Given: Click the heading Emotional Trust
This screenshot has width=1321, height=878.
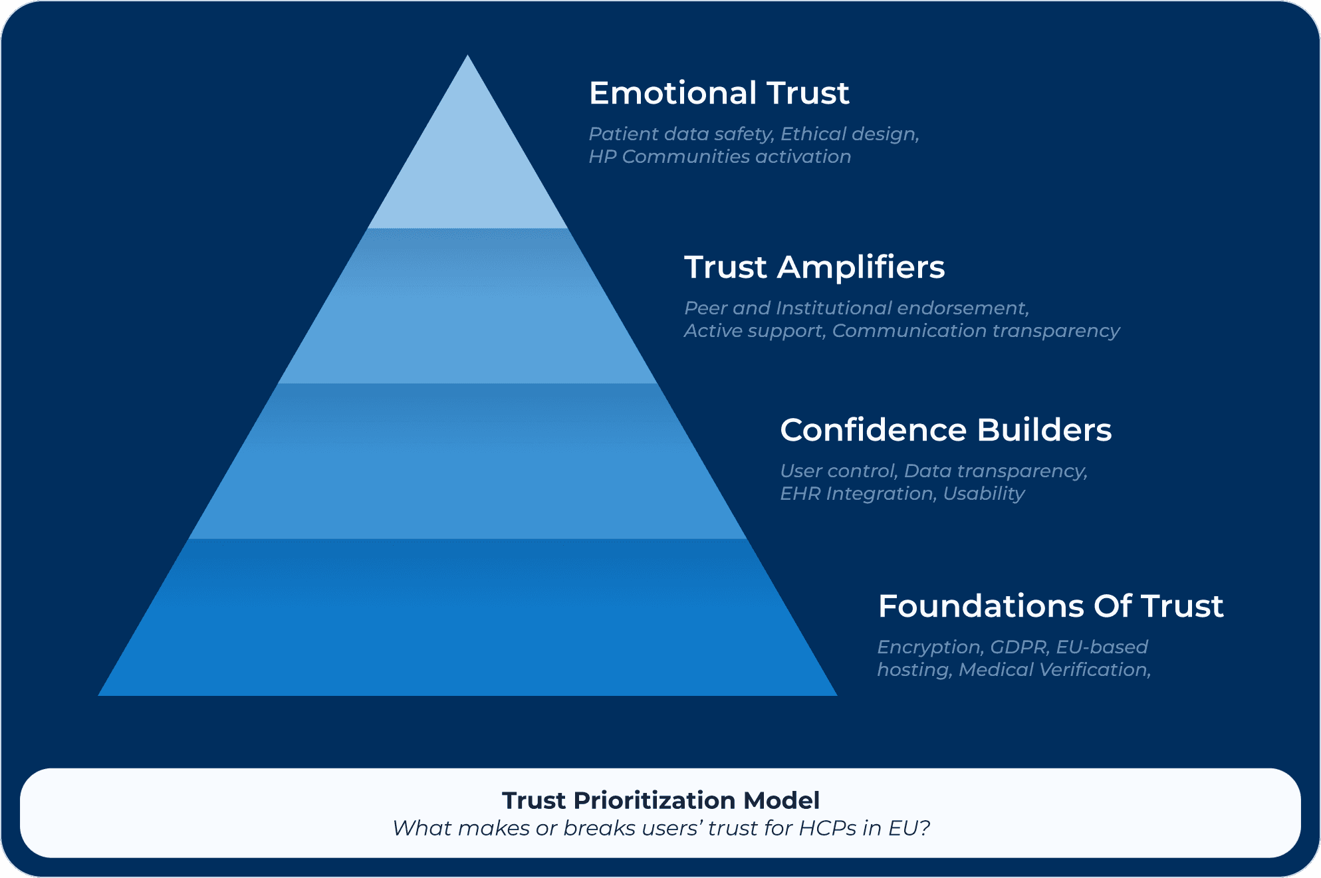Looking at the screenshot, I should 719,93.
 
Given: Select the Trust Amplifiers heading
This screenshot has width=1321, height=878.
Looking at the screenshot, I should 814,267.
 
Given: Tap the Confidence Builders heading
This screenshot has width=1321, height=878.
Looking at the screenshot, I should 945,430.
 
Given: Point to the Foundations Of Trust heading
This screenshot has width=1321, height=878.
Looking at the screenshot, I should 1050,606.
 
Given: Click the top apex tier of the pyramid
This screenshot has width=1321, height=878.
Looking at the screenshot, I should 467,166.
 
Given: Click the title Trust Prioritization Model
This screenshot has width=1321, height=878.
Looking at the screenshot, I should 660,800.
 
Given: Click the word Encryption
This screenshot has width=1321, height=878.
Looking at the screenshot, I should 929,647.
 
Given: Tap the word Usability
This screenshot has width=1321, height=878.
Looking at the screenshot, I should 984,494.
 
